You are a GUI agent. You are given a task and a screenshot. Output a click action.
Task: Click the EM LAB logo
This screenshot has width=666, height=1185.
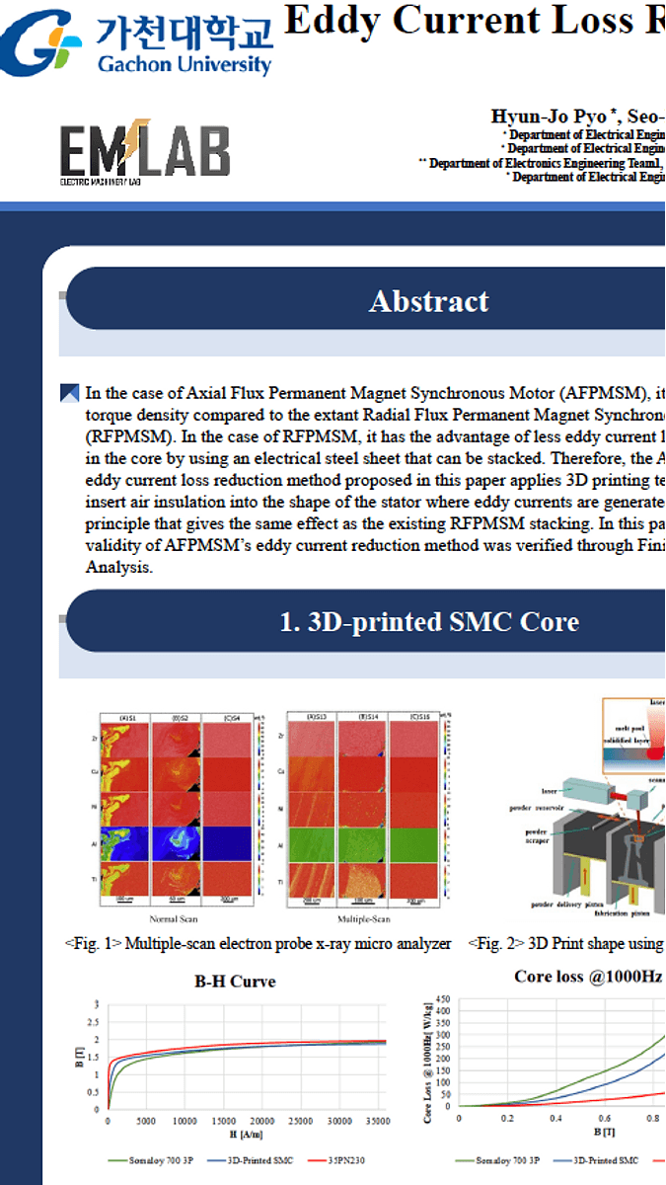[x=144, y=153]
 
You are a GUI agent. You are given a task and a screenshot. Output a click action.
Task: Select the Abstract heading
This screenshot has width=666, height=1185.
[x=428, y=301]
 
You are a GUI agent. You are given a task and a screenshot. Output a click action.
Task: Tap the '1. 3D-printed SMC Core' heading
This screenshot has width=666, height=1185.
[x=429, y=621]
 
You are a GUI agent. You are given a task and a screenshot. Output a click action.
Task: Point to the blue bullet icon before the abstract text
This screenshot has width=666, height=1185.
[x=70, y=393]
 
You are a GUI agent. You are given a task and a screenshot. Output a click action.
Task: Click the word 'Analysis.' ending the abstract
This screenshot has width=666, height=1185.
[x=119, y=568]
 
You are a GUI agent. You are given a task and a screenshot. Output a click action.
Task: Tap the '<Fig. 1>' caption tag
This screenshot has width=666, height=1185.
[x=93, y=943]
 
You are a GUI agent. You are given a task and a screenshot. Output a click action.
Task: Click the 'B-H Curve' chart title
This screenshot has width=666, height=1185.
[x=235, y=981]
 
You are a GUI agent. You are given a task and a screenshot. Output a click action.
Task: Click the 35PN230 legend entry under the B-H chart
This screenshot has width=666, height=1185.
[x=339, y=1161]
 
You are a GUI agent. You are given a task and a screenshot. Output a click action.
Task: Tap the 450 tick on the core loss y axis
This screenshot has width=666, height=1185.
[x=441, y=998]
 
